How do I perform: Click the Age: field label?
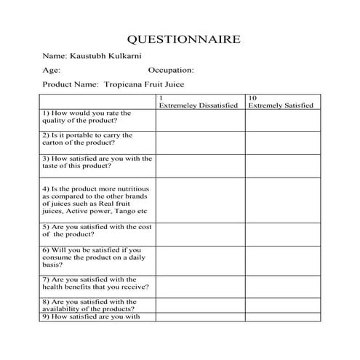[x=51, y=71]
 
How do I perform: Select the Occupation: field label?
[x=171, y=71]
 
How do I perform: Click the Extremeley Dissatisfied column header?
[x=199, y=105]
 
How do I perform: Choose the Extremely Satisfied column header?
[x=281, y=105]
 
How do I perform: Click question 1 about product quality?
[x=87, y=117]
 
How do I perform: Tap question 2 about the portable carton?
[x=87, y=139]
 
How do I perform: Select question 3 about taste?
[x=97, y=161]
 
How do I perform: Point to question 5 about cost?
[x=97, y=231]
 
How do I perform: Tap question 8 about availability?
[x=89, y=305]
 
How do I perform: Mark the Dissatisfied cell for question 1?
[x=200, y=120]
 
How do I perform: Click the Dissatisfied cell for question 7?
[x=200, y=284]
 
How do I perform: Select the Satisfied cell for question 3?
[x=282, y=165]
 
